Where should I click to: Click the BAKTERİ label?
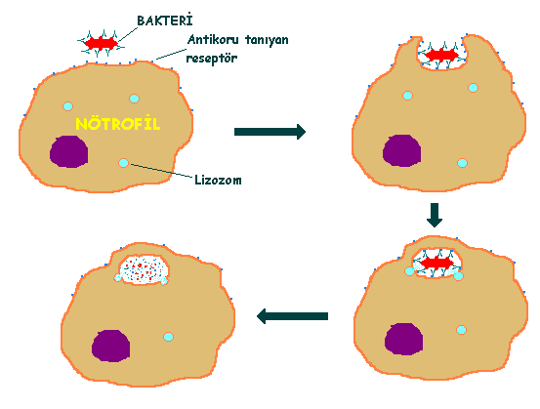click(x=165, y=20)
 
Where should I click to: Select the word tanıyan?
click(x=267, y=40)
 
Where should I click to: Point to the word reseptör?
click(x=212, y=58)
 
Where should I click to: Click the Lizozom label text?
click(x=218, y=180)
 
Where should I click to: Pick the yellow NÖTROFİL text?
click(x=118, y=124)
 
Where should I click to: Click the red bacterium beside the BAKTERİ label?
click(x=101, y=43)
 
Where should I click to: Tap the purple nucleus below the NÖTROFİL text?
click(x=69, y=151)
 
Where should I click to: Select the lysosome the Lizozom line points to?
click(x=123, y=163)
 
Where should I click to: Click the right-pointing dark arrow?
click(x=270, y=132)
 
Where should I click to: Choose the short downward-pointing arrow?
click(x=435, y=215)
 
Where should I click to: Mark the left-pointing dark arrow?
click(x=292, y=316)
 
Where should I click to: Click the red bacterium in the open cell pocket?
click(x=441, y=55)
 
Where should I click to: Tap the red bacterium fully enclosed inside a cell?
click(x=437, y=264)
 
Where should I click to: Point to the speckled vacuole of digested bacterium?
click(x=144, y=269)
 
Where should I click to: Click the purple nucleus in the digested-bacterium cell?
click(x=111, y=346)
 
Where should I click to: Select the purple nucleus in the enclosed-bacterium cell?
click(x=403, y=339)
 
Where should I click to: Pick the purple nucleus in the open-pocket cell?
click(x=402, y=150)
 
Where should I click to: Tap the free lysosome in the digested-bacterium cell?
click(x=168, y=337)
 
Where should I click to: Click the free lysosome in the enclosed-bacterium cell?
click(x=462, y=330)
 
